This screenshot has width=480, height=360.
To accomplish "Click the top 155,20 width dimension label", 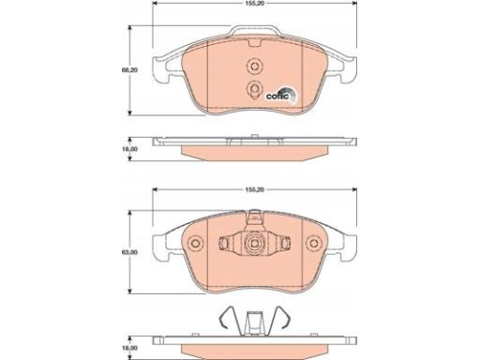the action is coord(255,3).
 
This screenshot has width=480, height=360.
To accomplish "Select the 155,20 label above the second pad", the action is coord(255,189).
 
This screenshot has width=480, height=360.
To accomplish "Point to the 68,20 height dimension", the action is coord(129,70).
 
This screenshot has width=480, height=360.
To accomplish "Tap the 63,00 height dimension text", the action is coord(129,252).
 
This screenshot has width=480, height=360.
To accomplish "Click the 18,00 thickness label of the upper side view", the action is coord(129,149).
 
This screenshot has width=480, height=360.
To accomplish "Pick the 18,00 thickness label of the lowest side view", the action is coord(129,348).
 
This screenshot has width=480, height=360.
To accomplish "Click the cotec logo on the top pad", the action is coord(281,94).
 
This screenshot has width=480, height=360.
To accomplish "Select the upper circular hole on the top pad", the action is coord(254,67).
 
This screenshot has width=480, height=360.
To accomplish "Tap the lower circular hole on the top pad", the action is coord(254,88).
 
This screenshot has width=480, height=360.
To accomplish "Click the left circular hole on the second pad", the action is coord(196,243).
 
